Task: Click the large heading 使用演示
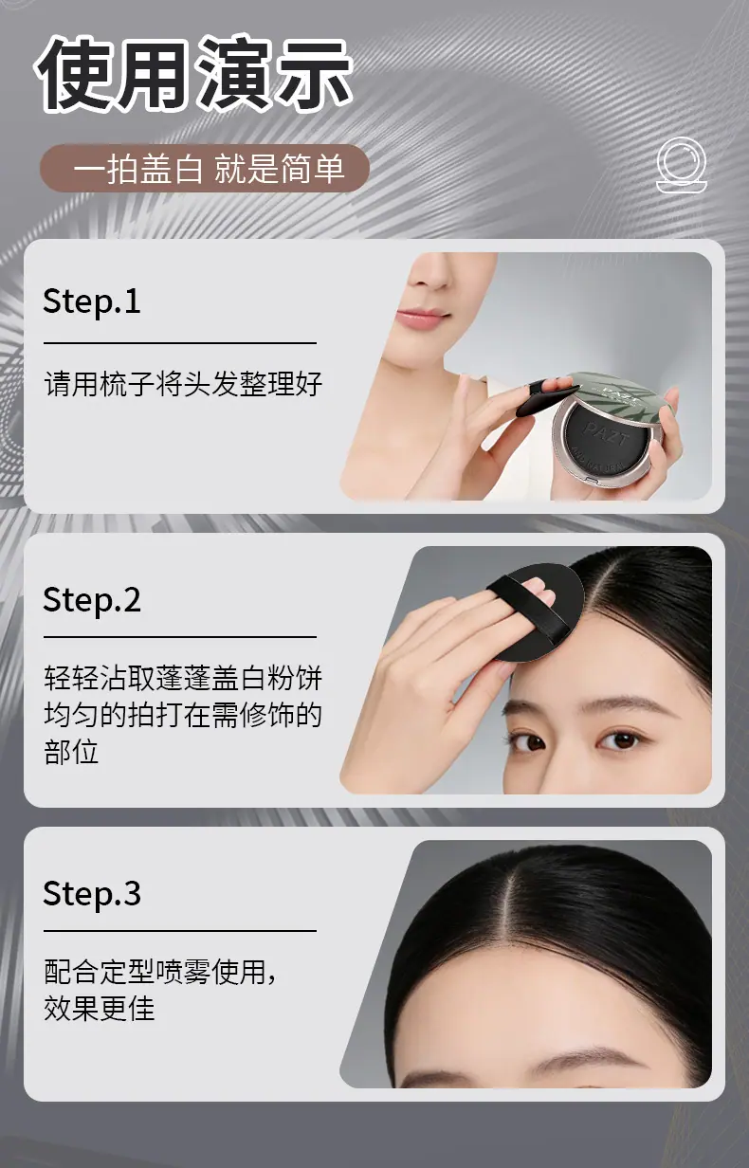[x=194, y=75]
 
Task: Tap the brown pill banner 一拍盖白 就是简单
[x=205, y=169]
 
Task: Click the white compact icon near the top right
[x=681, y=165]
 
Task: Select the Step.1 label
[x=92, y=301]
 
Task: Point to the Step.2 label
[x=92, y=599]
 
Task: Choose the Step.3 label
[x=92, y=894]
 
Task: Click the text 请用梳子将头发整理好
[x=183, y=384]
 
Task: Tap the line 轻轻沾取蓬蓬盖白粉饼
[x=183, y=678]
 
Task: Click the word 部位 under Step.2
[x=71, y=752]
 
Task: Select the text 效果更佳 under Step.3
[x=100, y=1009]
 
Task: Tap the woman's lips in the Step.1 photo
[x=422, y=318]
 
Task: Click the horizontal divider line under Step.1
[x=180, y=343]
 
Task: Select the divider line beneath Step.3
[x=180, y=931]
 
